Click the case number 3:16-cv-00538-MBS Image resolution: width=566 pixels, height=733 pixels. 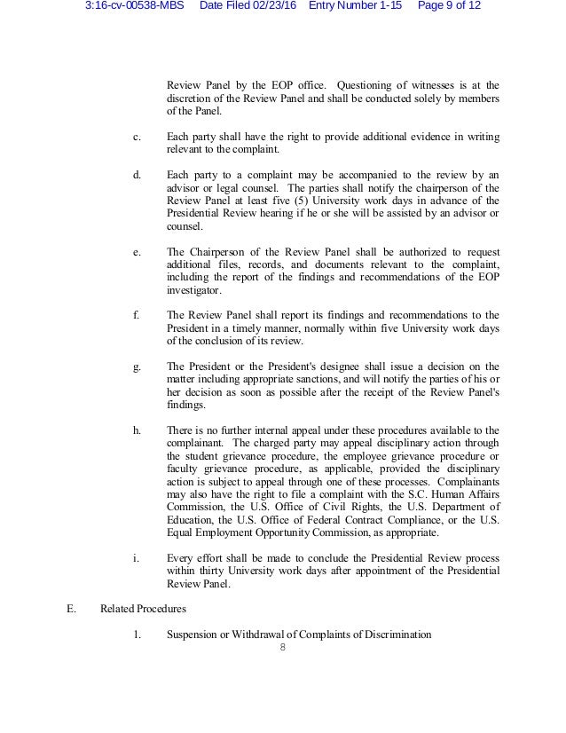point(138,7)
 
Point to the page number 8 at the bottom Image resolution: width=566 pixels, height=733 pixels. point(282,649)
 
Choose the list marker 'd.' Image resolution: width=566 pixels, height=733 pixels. point(137,175)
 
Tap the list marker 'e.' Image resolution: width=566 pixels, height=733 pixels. point(137,252)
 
